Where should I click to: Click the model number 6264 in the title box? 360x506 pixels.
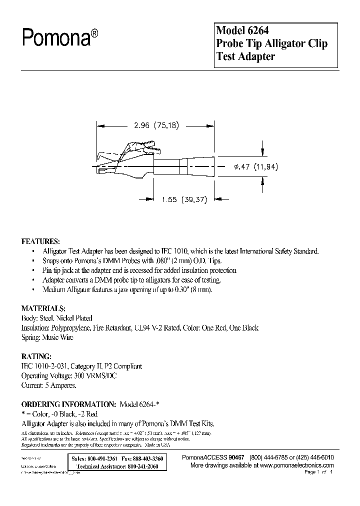261,30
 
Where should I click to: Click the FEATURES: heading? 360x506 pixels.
41,240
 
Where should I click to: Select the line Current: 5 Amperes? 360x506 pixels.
48,385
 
